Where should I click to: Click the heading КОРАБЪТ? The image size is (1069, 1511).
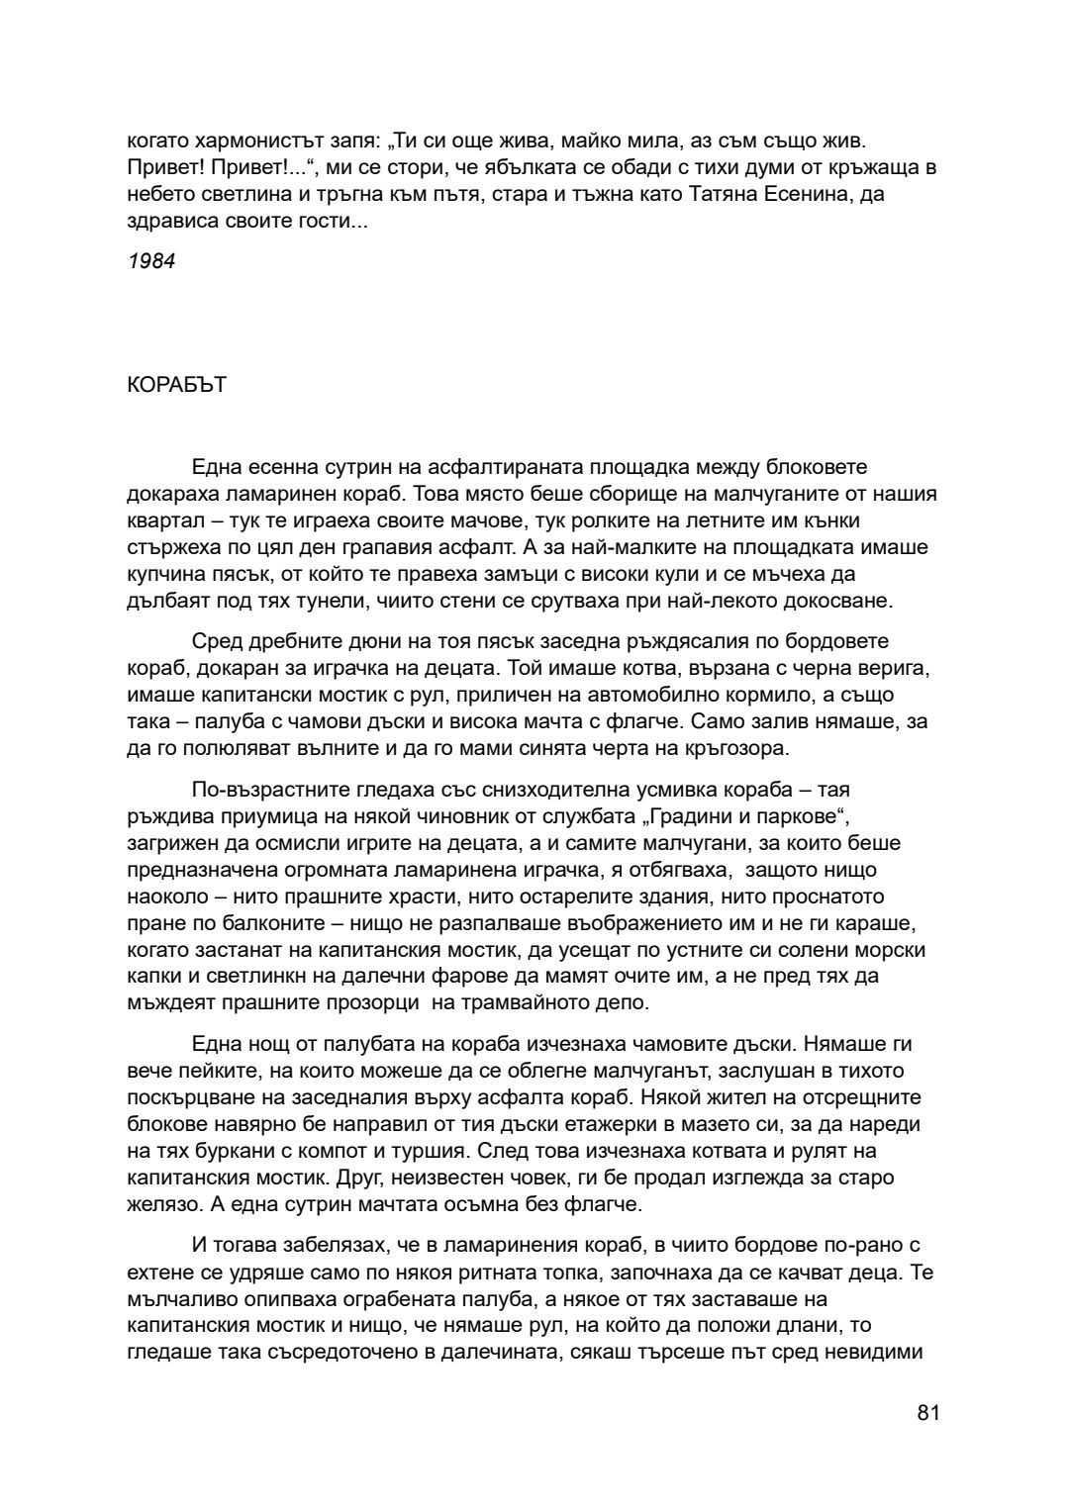177,385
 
